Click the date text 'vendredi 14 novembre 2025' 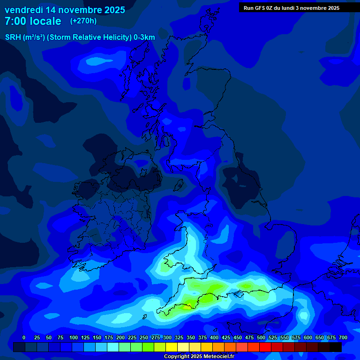coord(65,10)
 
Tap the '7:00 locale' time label coord(33,21)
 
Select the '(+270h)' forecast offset coord(83,21)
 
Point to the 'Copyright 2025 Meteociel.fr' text coord(199,356)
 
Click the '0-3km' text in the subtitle coord(144,37)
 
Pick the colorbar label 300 coord(167,337)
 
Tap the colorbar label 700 coord(343,337)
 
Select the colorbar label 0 coord(24,337)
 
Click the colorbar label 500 coord(261,337)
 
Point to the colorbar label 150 coord(97,337)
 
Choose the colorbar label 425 coord(226,337)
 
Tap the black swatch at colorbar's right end coord(336,347)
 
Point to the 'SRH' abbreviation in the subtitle coord(13,37)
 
